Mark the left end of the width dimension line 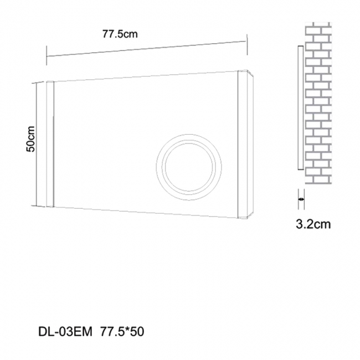click(x=47, y=55)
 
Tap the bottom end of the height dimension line click(x=37, y=206)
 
